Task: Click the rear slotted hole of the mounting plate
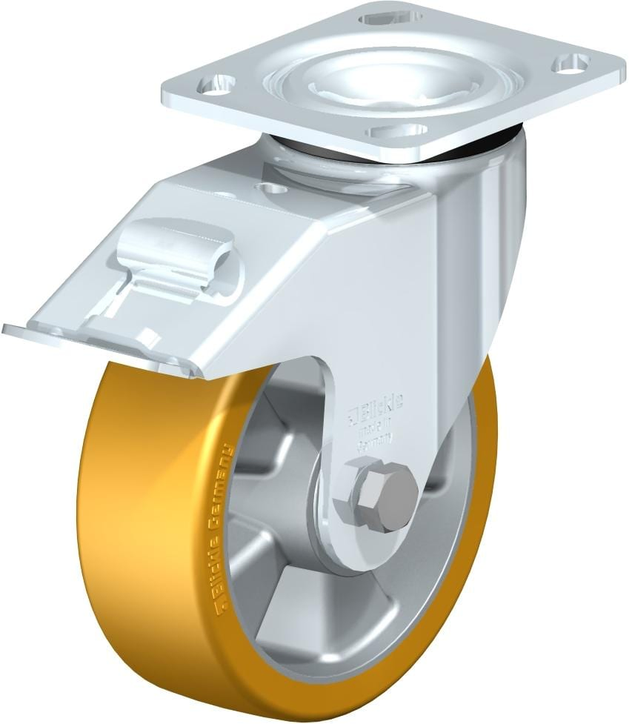(386, 15)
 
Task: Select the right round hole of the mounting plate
(570, 64)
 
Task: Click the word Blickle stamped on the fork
(386, 404)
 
